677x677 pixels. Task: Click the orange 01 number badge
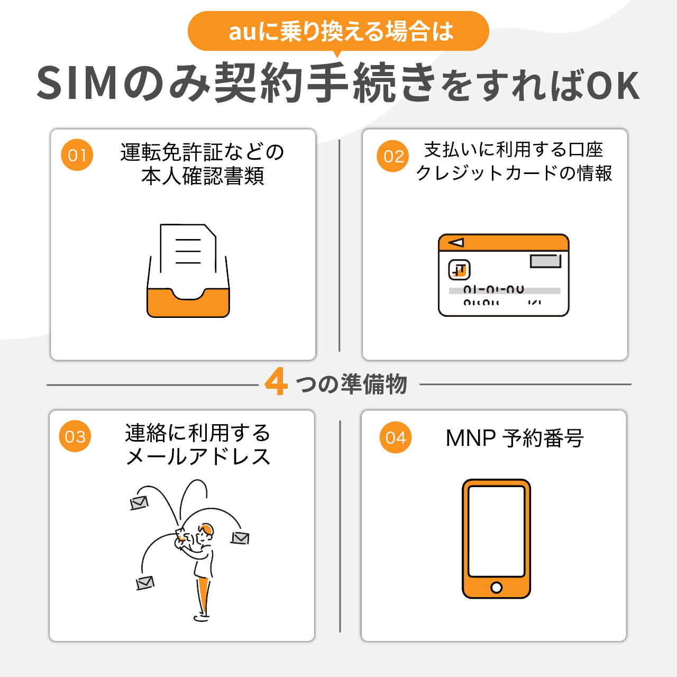[77, 155]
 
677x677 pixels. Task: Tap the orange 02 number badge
[393, 156]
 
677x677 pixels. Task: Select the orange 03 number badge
[75, 436]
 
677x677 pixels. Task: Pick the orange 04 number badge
[396, 437]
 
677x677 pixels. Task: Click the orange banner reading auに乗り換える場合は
[338, 31]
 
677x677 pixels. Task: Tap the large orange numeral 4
[276, 382]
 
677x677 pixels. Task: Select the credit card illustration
[504, 275]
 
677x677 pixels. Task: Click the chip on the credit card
[459, 270]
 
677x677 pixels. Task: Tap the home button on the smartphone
[496, 587]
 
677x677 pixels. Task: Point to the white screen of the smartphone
[496, 531]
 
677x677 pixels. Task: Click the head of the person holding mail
[205, 531]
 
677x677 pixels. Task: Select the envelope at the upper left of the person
[139, 502]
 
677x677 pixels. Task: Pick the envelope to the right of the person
[240, 538]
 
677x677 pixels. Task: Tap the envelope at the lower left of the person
[145, 582]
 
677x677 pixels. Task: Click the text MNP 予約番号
[514, 438]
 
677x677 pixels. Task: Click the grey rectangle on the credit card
[545, 261]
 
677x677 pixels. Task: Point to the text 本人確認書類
[203, 176]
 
